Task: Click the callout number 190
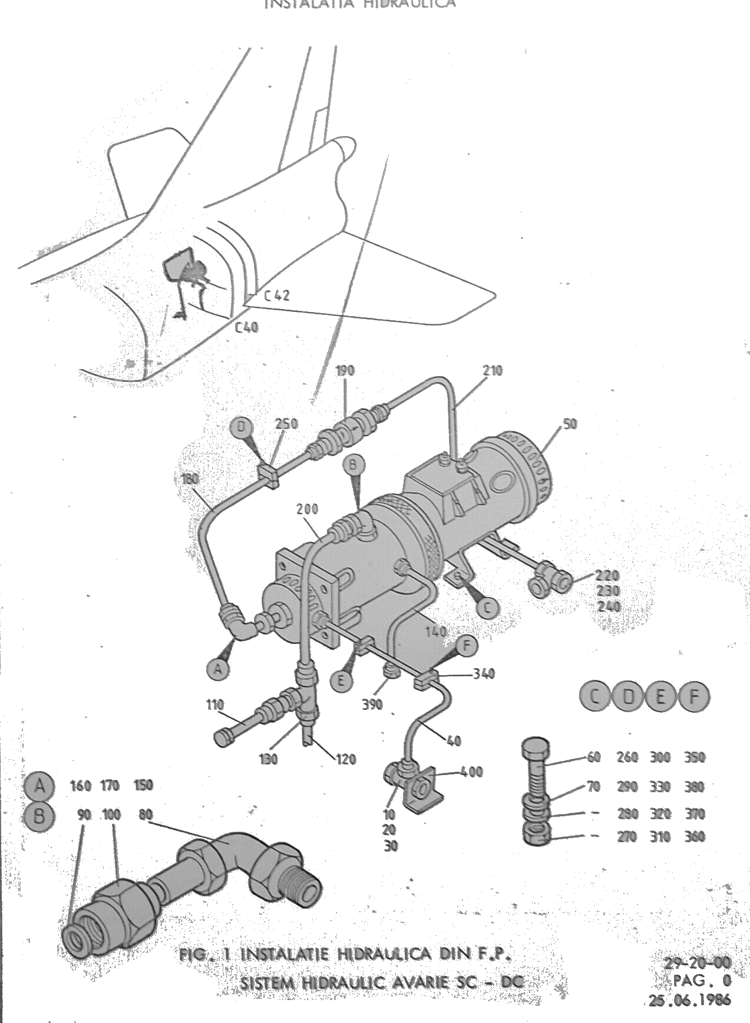point(345,371)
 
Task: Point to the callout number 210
point(493,371)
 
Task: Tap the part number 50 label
point(570,424)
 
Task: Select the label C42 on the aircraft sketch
point(276,295)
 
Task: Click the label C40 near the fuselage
point(246,327)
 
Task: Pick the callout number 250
point(286,424)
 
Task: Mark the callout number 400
point(471,772)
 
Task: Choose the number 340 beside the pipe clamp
point(484,673)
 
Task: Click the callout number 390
point(372,704)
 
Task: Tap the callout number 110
point(215,704)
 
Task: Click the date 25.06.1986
point(690,999)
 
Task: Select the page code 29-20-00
point(698,963)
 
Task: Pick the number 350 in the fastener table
point(695,757)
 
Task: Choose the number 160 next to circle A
point(81,785)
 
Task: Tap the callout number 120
point(346,759)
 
